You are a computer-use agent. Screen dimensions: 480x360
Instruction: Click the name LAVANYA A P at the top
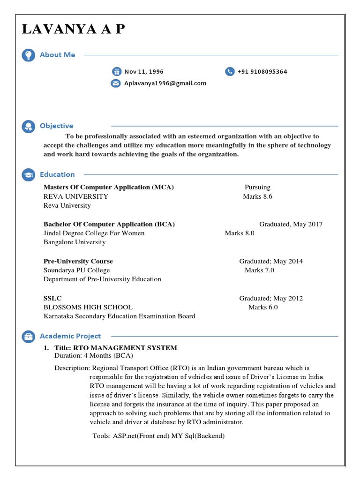[74, 30]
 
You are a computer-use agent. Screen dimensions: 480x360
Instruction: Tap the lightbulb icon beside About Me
[28, 55]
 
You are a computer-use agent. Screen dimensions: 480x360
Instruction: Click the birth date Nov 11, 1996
[143, 72]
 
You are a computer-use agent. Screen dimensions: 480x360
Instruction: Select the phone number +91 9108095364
[262, 72]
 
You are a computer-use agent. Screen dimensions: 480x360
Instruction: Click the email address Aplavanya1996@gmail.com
[165, 83]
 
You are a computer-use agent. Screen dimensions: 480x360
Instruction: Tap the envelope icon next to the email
[115, 83]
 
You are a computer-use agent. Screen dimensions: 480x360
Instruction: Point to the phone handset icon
[230, 72]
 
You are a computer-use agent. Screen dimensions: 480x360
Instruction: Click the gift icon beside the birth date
[116, 72]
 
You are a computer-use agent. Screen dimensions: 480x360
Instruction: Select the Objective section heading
[56, 126]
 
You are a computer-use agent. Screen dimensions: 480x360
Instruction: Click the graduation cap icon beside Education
[28, 175]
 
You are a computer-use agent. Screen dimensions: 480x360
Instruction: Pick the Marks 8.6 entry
[257, 196]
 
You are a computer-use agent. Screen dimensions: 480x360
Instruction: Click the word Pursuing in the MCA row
[257, 187]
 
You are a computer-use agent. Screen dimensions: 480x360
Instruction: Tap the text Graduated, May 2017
[291, 224]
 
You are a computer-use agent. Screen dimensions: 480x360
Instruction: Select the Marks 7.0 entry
[259, 270]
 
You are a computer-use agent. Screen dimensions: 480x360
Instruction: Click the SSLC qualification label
[52, 298]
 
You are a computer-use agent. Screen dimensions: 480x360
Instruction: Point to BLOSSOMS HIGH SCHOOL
[88, 307]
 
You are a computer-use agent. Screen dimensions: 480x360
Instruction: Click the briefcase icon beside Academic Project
[28, 336]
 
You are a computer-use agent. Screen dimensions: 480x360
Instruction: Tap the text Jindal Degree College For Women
[94, 233]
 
